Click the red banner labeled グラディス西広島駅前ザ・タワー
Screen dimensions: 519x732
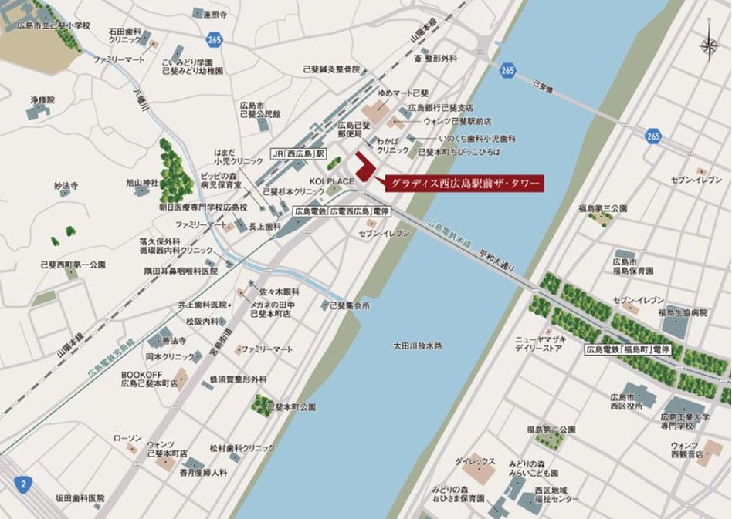464,184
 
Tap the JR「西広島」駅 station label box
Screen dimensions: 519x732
299,153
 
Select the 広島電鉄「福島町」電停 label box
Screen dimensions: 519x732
628,350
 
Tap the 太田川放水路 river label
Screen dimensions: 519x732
418,345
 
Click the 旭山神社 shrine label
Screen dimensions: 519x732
142,183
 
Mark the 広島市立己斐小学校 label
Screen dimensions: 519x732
54,25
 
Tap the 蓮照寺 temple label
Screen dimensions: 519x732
215,14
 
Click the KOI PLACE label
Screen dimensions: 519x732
341,181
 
